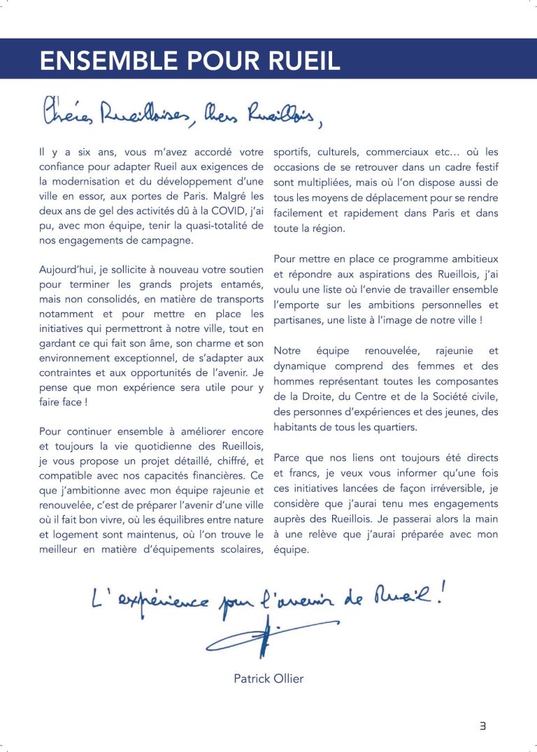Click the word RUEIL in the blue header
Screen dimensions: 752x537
(299, 61)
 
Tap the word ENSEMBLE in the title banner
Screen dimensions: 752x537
(97, 61)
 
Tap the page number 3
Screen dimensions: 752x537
(482, 726)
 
